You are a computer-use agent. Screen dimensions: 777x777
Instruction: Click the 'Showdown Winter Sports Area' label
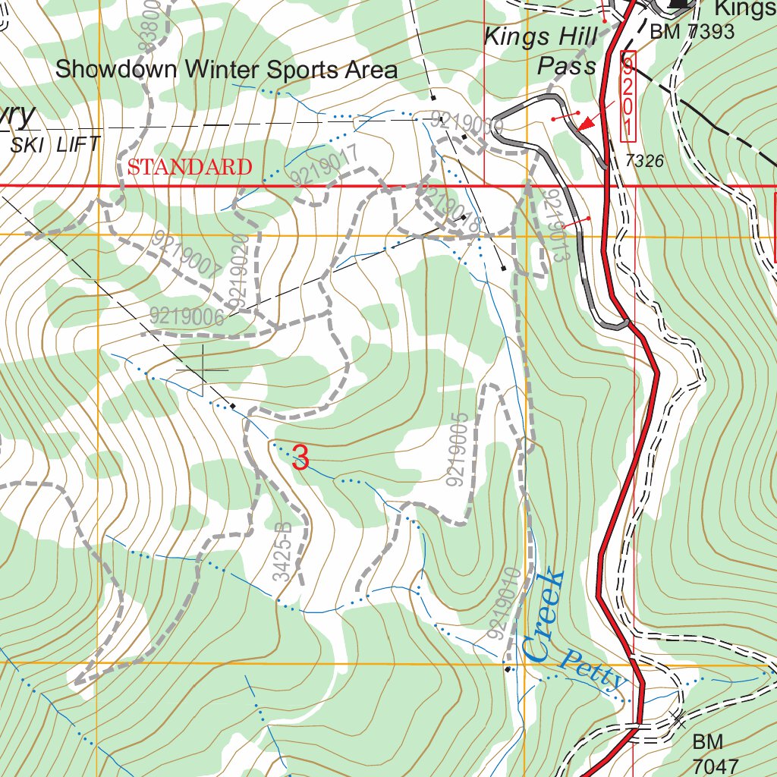226,70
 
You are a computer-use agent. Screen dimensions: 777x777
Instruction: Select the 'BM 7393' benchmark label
692,31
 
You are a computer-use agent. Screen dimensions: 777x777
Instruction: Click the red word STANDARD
190,167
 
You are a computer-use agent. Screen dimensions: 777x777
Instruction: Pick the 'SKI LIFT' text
55,145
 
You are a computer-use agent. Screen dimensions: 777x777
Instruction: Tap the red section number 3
300,458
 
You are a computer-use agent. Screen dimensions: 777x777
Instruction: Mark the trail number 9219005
458,449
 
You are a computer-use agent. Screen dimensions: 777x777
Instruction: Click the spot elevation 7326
645,161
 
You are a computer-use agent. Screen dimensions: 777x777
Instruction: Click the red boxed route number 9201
628,96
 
